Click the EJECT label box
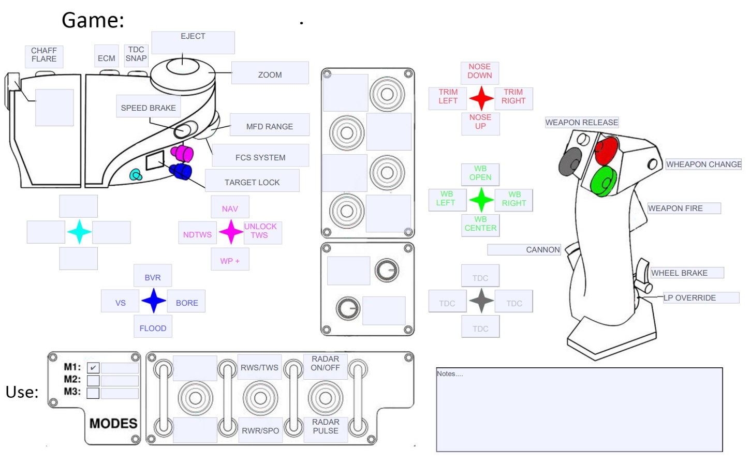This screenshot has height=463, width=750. [193, 42]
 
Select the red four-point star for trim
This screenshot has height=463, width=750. [481, 98]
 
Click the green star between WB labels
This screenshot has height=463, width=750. [481, 200]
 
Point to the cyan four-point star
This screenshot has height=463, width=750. [79, 232]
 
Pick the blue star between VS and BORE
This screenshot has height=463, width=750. [154, 301]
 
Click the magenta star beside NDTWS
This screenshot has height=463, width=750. [231, 232]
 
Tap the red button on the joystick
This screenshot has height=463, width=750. [606, 150]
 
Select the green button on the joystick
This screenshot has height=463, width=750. [603, 181]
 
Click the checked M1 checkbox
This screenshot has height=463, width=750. [93, 368]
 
